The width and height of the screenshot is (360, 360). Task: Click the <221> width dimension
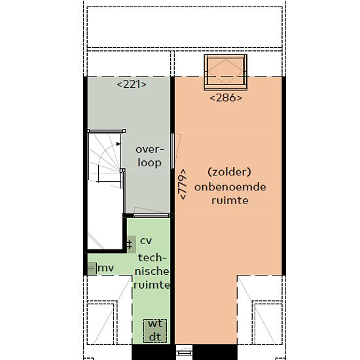[x=132, y=84]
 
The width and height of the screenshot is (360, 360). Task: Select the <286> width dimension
[x=226, y=98]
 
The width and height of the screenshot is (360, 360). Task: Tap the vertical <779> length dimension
[x=183, y=184]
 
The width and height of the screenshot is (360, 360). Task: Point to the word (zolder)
[x=229, y=171]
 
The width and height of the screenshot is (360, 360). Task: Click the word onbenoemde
[x=230, y=187]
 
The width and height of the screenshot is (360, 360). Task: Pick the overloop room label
[x=150, y=156]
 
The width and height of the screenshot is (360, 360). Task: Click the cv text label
[x=146, y=241]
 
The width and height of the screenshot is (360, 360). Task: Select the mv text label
[x=106, y=268]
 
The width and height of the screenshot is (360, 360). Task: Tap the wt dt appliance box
[x=155, y=331]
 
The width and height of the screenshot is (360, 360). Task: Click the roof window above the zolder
[x=226, y=72]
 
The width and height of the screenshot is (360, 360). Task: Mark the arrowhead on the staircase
[x=118, y=144]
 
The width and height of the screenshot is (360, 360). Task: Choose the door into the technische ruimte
[x=151, y=215]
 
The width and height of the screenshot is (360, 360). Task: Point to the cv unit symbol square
[x=131, y=244]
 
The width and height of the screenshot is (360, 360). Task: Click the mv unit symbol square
[x=92, y=268]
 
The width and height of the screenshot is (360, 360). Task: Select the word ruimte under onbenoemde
[x=230, y=200]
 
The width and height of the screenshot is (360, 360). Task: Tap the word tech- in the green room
[x=153, y=258]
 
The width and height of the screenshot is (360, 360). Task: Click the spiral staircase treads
[x=105, y=158]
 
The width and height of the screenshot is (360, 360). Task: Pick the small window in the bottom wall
[x=184, y=352]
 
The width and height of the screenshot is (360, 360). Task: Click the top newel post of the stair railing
[x=124, y=131]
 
